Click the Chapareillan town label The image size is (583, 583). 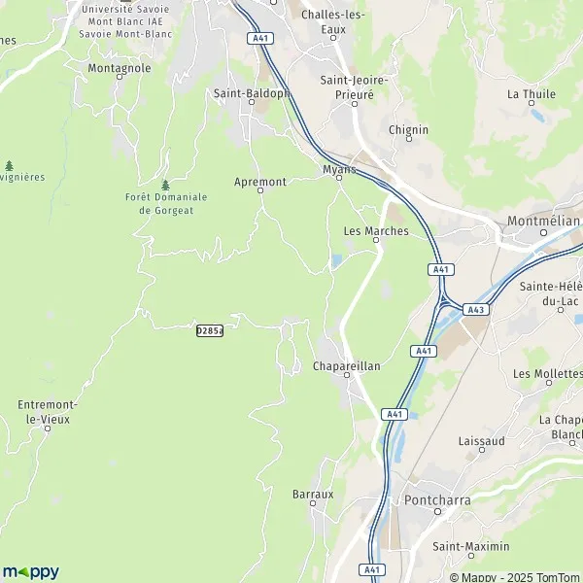pos(346,365)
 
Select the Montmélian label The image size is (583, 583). pos(543,222)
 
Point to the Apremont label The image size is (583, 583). pos(260,182)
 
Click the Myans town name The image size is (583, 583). pos(339,169)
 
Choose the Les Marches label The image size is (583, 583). pos(376,232)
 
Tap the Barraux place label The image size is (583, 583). pos(313,494)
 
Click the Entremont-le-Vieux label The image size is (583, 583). pos(50,411)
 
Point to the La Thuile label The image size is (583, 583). pos(531,94)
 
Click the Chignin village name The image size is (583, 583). pos(407,128)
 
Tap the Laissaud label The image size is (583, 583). pos(480,440)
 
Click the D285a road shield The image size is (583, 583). pos(209,330)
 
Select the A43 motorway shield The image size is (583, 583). pos(475,309)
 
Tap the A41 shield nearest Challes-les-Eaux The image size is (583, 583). pos(257,38)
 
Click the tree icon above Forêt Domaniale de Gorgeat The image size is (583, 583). pos(165,185)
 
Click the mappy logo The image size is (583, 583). pos(31,571)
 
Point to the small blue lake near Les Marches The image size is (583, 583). pos(336,260)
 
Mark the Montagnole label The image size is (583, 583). pos(119,69)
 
